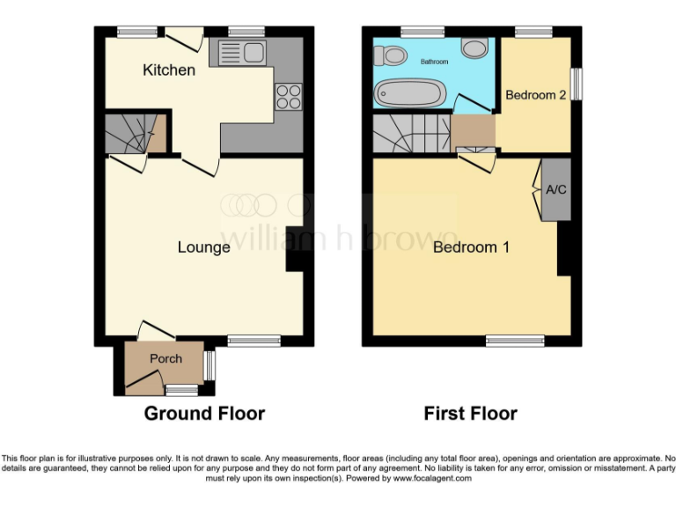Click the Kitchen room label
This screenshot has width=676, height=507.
[x=169, y=70]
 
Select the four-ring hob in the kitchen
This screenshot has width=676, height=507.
[x=288, y=96]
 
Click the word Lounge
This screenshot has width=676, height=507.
[x=203, y=247]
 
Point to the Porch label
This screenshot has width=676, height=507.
[x=165, y=358]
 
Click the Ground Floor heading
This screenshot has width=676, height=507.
[x=204, y=413]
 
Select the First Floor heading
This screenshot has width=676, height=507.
[x=470, y=413]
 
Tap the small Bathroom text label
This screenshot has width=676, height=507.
[x=434, y=62]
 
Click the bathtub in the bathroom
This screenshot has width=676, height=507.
[x=410, y=92]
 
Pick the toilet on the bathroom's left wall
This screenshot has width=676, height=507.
[x=388, y=56]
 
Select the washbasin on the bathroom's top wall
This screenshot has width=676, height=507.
[x=475, y=48]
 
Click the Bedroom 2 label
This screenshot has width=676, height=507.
[x=535, y=95]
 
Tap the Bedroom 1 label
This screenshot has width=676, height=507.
[x=471, y=247]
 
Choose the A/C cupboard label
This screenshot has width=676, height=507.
[x=555, y=189]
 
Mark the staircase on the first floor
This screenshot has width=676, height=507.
[x=410, y=135]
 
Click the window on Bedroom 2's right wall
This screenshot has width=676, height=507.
[x=577, y=85]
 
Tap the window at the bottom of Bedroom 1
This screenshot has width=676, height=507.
[x=515, y=341]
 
